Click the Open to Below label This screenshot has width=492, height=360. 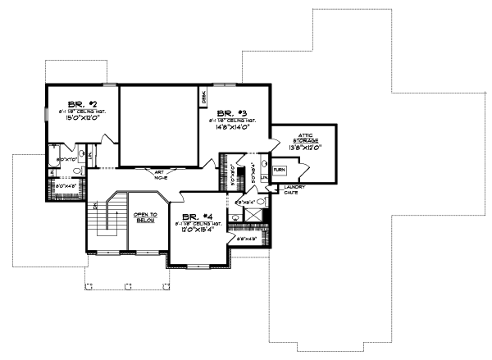point(146,217)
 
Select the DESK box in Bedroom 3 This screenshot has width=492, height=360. point(203,98)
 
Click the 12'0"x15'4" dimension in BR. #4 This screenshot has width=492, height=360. point(189,230)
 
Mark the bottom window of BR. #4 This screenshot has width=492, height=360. point(198,266)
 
